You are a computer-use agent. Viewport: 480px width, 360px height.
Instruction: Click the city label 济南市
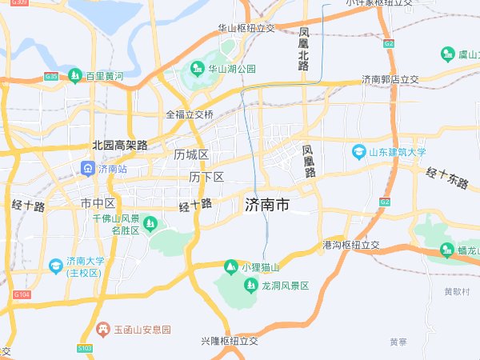(266, 206)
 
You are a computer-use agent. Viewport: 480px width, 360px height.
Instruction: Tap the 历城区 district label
(191, 154)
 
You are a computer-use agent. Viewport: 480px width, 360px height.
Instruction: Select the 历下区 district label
(206, 177)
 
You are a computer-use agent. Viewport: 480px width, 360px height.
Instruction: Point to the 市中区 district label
(98, 204)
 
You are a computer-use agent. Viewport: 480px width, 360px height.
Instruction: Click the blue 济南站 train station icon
(86, 169)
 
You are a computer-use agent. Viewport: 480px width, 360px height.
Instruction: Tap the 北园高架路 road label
(120, 145)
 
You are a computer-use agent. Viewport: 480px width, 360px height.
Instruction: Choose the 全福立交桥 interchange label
(190, 114)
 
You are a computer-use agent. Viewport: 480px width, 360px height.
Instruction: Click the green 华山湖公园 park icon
(195, 70)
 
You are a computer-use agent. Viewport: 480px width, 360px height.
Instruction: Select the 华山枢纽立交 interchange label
(246, 28)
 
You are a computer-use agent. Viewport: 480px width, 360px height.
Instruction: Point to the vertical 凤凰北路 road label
(303, 50)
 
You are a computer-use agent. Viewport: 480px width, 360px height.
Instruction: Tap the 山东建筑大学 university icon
(360, 151)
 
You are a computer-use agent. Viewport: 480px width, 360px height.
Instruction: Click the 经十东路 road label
(446, 178)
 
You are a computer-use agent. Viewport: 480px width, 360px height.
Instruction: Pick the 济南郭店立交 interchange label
(390, 80)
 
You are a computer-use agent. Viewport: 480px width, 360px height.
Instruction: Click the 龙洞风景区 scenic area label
(285, 286)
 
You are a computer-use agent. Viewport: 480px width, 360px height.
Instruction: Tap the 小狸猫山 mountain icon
(230, 266)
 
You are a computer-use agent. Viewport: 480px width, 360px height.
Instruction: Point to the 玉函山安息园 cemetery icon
(102, 329)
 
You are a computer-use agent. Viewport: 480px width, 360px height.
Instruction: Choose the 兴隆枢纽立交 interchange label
(230, 341)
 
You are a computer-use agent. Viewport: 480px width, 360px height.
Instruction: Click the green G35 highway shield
(51, 77)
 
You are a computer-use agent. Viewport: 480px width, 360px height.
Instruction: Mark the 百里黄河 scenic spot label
(105, 76)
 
